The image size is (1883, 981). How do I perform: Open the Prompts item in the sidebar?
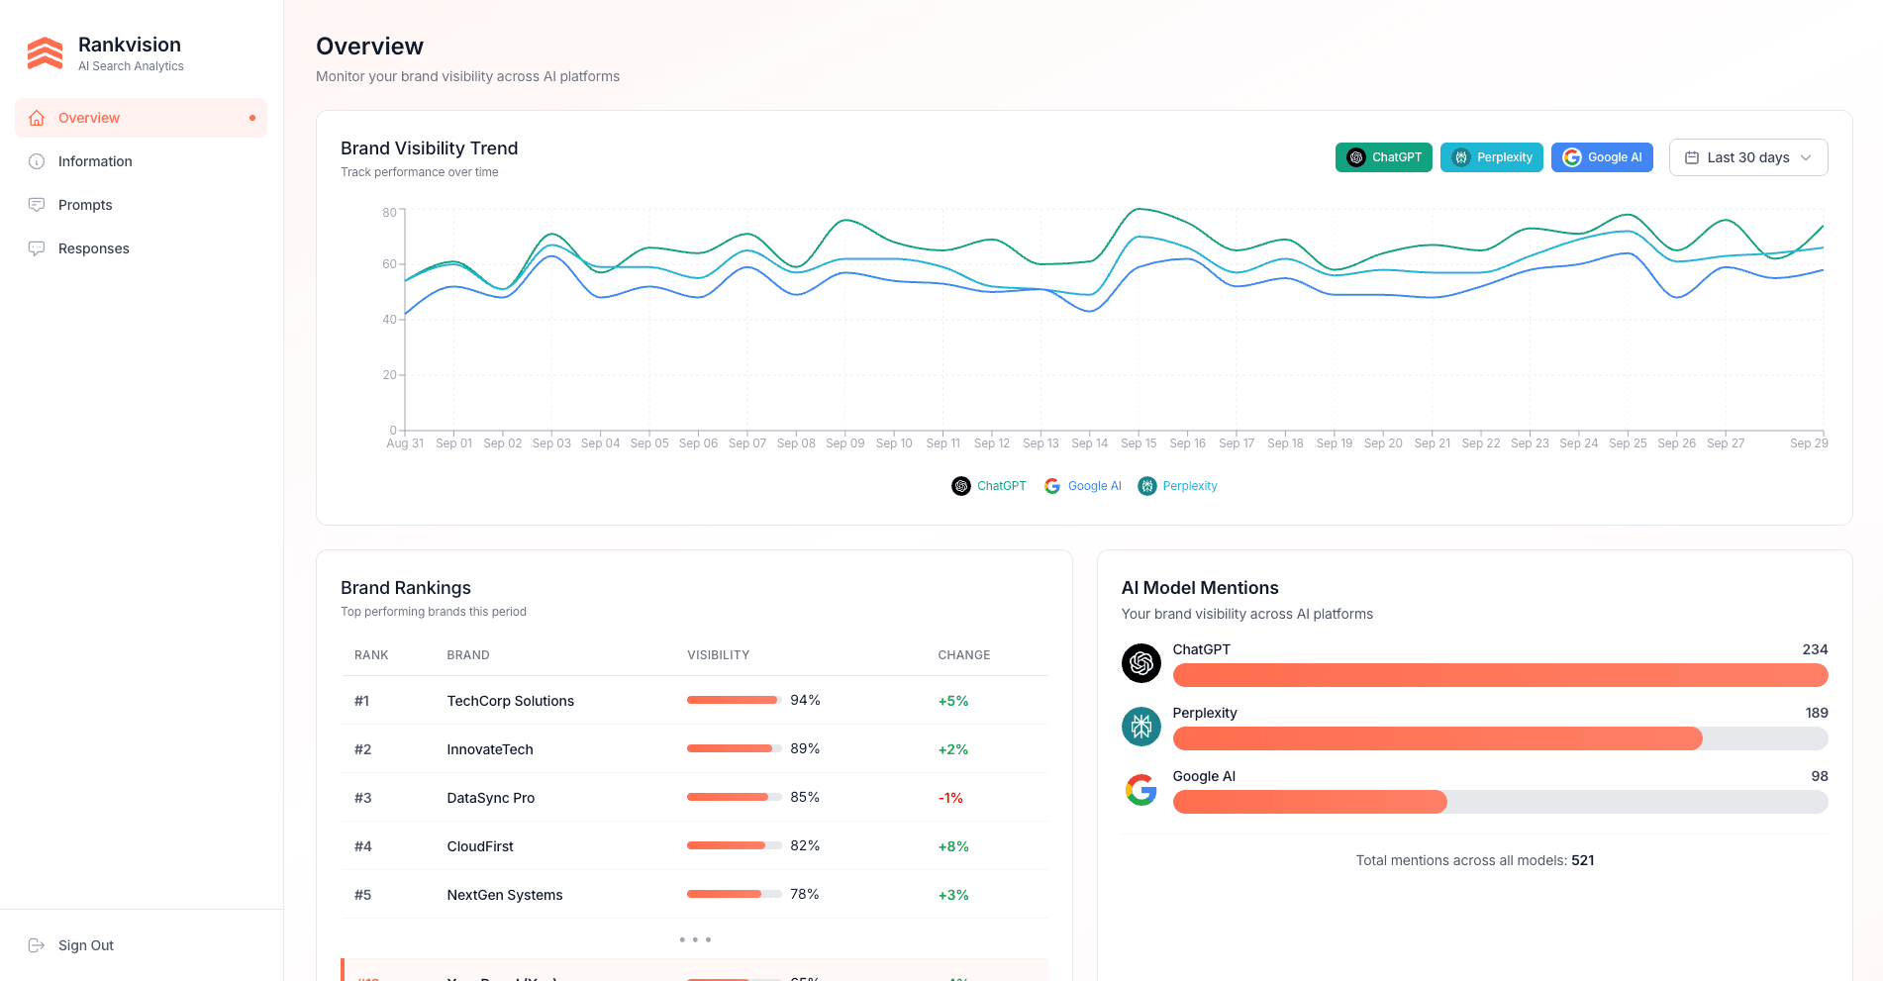point(85,205)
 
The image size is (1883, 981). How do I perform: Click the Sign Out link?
point(85,945)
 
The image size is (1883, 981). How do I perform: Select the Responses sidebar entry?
point(93,248)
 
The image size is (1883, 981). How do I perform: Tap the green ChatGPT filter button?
point(1383,157)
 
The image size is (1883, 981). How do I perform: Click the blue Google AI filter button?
point(1601,157)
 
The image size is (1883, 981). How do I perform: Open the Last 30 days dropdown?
point(1747,157)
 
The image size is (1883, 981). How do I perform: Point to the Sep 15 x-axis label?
point(1138,443)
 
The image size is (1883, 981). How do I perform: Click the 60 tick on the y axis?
point(389,264)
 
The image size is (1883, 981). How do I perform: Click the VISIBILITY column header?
point(718,655)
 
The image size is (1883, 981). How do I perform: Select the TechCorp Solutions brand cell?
point(510,701)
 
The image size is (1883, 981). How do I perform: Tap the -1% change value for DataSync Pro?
point(950,798)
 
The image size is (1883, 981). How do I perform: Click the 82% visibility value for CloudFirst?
point(804,845)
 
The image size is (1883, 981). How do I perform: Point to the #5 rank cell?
point(362,895)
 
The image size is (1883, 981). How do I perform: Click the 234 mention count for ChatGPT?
point(1814,649)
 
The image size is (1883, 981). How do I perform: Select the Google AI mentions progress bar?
point(1499,802)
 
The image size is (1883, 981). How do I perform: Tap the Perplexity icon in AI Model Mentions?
point(1140,727)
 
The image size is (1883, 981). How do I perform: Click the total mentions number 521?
point(1582,860)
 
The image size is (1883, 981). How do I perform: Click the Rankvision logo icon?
point(45,53)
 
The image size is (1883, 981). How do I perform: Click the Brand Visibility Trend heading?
point(429,148)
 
